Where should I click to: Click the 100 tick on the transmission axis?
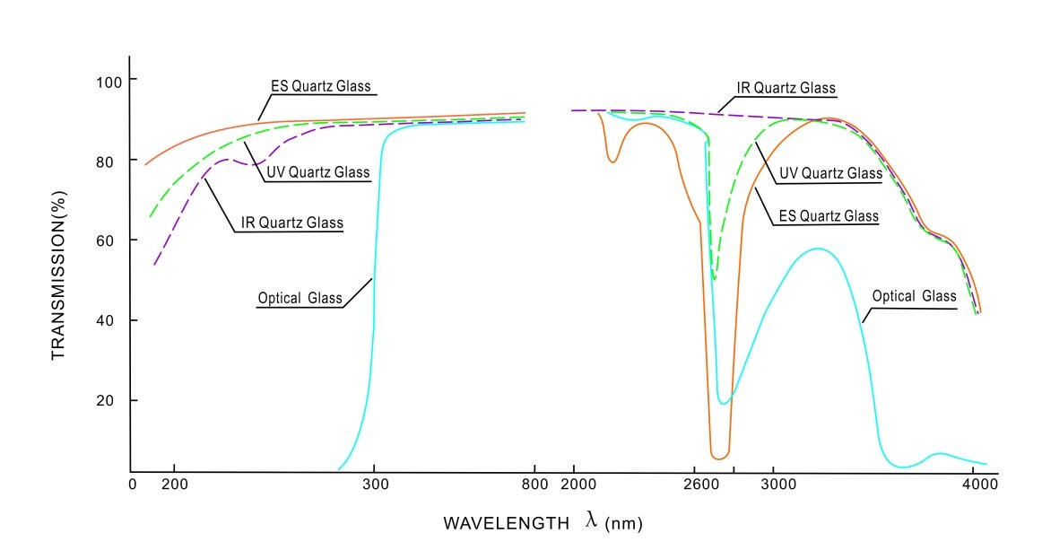[x=109, y=83]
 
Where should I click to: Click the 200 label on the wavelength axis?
[x=175, y=485]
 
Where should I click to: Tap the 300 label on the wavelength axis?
[x=376, y=485]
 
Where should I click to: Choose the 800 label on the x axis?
[x=535, y=485]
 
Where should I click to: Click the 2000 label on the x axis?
[x=578, y=485]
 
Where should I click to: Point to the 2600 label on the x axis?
[x=702, y=485]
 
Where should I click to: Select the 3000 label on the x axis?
[x=778, y=485]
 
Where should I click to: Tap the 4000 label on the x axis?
[x=980, y=485]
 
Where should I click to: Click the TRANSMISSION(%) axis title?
[x=58, y=275]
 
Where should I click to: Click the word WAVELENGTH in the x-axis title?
[x=507, y=524]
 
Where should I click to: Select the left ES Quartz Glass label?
[x=320, y=86]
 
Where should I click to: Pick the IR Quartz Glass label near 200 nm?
[x=291, y=223]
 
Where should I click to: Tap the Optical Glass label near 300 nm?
[x=300, y=299]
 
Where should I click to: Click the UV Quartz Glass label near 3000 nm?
[x=830, y=173]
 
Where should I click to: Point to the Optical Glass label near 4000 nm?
[x=914, y=296]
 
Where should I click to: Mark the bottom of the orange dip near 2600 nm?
[x=719, y=459]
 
